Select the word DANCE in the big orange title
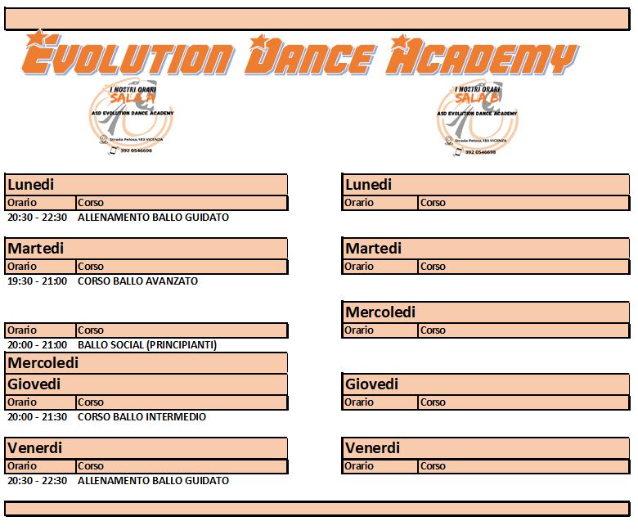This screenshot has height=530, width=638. (x=310, y=58)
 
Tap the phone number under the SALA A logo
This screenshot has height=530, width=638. (x=136, y=150)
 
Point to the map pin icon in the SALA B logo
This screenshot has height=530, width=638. (x=448, y=141)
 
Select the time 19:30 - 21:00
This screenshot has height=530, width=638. (x=37, y=281)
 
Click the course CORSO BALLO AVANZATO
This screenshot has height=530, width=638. (x=137, y=281)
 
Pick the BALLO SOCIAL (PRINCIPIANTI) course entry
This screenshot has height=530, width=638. (x=147, y=345)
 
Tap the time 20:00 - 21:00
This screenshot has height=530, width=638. (x=37, y=345)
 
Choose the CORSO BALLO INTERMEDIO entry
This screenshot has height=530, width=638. (x=142, y=417)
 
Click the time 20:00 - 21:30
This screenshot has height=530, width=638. (x=37, y=417)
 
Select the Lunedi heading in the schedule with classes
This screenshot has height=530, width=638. (x=30, y=185)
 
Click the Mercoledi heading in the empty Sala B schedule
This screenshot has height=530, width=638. (x=380, y=312)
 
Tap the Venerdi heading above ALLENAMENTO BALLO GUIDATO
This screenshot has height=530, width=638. (x=34, y=448)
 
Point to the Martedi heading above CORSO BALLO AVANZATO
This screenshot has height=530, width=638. (x=35, y=249)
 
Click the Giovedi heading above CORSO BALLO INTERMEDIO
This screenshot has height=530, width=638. (x=34, y=384)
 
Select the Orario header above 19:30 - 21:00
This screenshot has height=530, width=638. (x=22, y=267)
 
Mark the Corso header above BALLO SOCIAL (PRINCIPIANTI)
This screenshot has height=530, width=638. (x=91, y=330)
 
